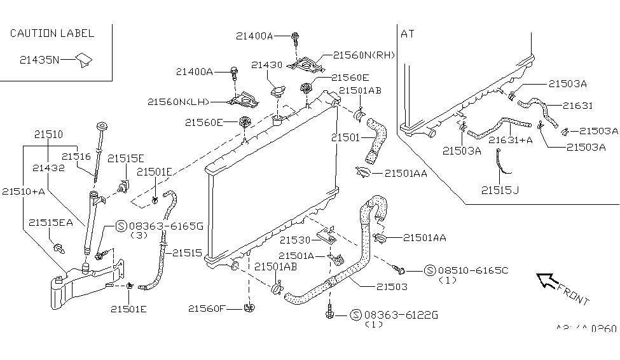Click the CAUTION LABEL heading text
pyautogui.click(x=52, y=33)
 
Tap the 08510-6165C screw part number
pyautogui.click(x=472, y=270)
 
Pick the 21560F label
pyautogui.click(x=207, y=308)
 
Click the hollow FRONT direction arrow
pyautogui.click(x=546, y=280)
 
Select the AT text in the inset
pyautogui.click(x=408, y=34)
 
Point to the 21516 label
pyautogui.click(x=77, y=156)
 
